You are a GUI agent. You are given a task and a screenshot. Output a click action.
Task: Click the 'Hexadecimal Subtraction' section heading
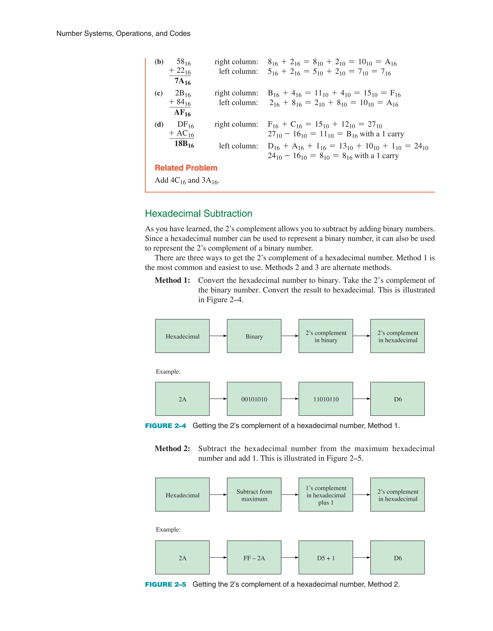[198, 214]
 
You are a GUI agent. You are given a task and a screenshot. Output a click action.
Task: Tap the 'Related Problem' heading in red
[186, 168]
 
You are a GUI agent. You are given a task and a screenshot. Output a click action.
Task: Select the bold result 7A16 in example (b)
[182, 81]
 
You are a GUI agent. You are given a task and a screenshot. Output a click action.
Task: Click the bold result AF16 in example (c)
[182, 112]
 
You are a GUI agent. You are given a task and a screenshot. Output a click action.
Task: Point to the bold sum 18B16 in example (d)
[184, 144]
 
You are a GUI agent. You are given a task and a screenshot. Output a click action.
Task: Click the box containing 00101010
[254, 399]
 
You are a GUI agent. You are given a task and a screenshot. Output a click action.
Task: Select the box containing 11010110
[325, 399]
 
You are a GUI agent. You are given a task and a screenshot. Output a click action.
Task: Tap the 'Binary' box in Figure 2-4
[254, 336]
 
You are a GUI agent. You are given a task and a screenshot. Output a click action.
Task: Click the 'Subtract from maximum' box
[254, 495]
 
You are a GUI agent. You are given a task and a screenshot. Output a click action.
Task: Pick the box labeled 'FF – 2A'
[254, 558]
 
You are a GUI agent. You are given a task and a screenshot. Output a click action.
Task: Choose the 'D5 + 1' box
[325, 558]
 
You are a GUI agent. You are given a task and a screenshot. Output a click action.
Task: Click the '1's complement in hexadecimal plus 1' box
[325, 495]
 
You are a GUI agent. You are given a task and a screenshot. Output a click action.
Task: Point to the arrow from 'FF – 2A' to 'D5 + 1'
[290, 558]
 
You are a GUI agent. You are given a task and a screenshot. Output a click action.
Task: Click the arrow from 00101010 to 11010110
[290, 399]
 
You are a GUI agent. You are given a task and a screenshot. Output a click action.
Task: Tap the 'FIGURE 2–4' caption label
[165, 426]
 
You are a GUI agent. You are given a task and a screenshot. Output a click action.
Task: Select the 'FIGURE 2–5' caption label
[165, 585]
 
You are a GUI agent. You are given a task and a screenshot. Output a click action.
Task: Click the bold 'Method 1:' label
[172, 280]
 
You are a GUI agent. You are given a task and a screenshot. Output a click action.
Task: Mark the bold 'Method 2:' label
[172, 448]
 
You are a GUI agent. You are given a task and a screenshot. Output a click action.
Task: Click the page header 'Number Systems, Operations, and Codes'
[123, 33]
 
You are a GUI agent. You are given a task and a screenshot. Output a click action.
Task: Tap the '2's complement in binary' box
[325, 336]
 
